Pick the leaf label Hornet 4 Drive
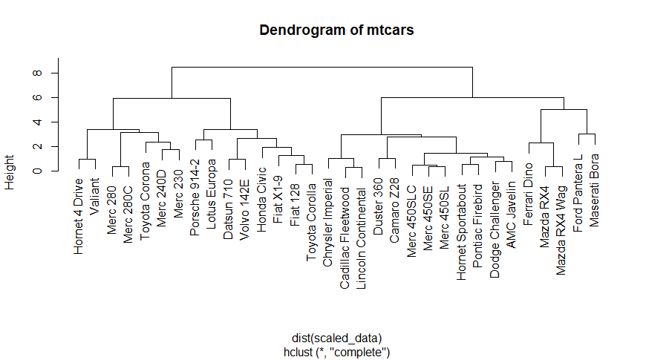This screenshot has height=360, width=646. [79, 215]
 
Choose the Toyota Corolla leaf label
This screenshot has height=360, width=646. [312, 219]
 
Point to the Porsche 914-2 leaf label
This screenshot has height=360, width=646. [195, 197]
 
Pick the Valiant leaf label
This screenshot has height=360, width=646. [95, 196]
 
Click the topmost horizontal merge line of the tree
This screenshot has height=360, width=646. [322, 68]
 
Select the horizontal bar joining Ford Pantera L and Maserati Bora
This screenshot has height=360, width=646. [587, 134]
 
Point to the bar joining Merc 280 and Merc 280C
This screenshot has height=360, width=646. [120, 167]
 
